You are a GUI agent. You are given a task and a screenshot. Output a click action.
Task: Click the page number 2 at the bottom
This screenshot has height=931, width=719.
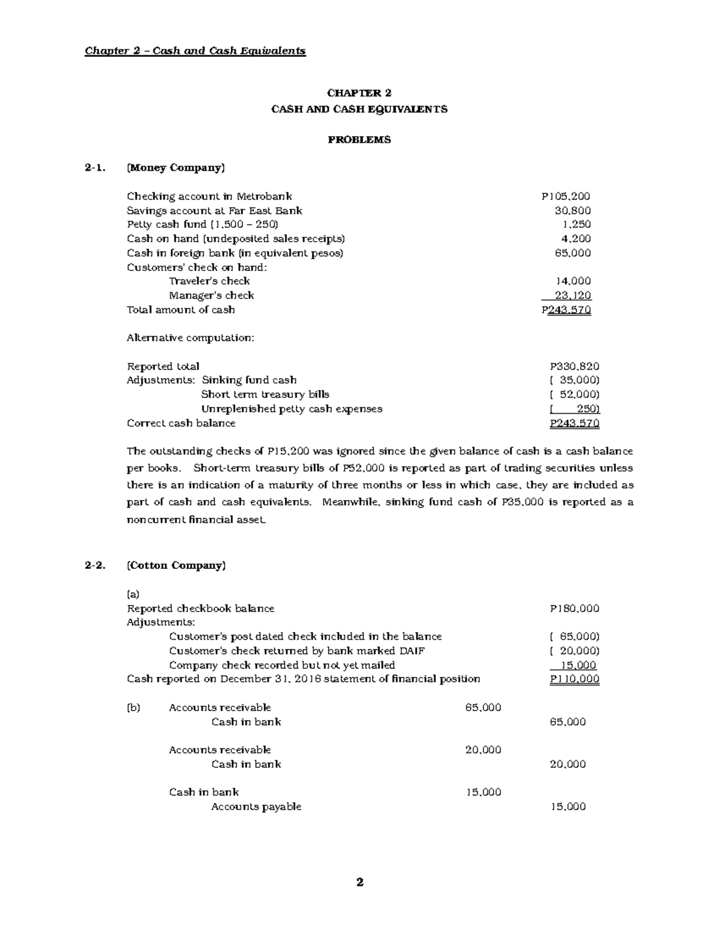359,882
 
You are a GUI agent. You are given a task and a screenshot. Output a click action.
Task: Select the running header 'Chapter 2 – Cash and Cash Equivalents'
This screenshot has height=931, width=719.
195,51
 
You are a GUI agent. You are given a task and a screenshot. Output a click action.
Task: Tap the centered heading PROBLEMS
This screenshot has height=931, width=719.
359,140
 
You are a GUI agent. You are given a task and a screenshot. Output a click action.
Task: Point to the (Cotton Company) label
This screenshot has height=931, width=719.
176,565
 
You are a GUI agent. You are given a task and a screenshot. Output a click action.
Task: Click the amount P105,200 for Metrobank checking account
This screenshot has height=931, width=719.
566,196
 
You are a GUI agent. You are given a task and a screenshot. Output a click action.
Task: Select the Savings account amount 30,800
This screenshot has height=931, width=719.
573,210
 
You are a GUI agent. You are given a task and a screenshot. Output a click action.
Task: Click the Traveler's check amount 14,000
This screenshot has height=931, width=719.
573,281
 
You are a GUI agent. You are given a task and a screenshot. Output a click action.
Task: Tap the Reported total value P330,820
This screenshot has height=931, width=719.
575,366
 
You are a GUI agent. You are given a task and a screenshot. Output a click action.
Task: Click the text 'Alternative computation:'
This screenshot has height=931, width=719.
191,338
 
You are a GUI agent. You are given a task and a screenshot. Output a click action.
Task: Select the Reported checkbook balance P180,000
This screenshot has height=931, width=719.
575,608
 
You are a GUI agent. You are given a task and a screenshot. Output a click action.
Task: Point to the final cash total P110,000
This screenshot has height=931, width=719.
575,679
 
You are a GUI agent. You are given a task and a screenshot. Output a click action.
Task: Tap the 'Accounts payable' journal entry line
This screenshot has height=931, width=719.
256,807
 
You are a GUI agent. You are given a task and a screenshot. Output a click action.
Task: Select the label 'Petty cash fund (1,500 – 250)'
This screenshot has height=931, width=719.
203,225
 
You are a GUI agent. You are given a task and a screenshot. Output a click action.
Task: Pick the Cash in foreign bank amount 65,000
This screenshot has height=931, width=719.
573,253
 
